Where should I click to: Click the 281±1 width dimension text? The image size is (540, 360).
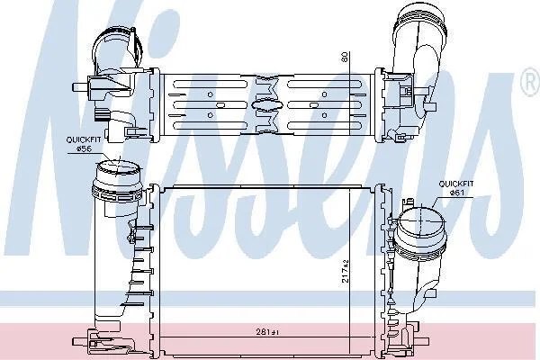(267, 332)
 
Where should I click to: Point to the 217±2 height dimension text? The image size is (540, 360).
(346, 271)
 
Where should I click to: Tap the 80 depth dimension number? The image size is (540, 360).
(345, 58)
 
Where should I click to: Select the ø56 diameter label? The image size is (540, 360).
(83, 148)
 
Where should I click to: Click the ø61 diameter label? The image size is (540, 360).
(456, 193)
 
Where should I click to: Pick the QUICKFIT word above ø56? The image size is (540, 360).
(84, 139)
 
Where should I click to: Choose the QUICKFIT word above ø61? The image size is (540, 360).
(456, 184)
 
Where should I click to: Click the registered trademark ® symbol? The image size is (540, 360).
(531, 82)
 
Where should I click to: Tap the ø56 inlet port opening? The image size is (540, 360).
(117, 168)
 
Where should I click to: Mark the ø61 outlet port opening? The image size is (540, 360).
(420, 220)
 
